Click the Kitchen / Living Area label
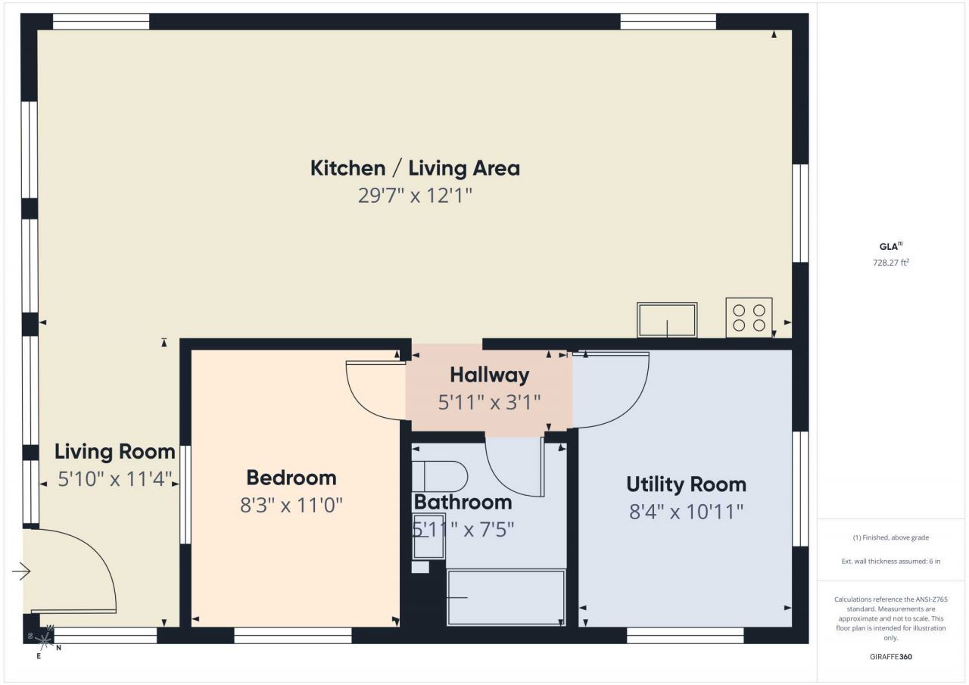(415, 168)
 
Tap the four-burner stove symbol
(749, 317)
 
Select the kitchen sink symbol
(667, 319)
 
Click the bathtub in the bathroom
(506, 597)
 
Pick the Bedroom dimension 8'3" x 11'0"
(291, 505)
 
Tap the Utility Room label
(686, 484)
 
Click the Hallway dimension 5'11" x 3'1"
(489, 402)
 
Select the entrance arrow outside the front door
(21, 572)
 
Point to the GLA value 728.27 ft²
(891, 263)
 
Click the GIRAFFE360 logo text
(891, 656)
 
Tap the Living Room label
(114, 452)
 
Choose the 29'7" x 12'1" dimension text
(415, 195)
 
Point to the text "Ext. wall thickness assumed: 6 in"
(891, 562)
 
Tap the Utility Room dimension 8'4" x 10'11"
(686, 512)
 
